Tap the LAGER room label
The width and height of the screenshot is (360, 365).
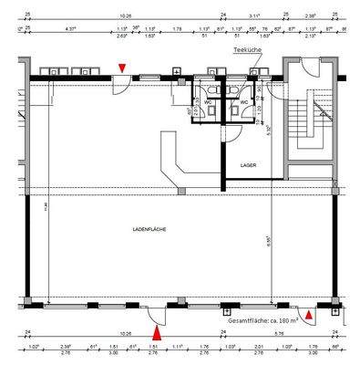[248, 165]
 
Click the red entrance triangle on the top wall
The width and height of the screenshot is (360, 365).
[123, 68]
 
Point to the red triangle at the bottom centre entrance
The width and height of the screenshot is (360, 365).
[157, 316]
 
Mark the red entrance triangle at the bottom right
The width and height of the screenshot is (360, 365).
[310, 316]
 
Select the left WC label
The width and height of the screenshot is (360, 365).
[208, 102]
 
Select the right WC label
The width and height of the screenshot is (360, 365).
[243, 102]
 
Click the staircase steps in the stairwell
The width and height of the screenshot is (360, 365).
[306, 119]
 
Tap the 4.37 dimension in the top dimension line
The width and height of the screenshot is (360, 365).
[69, 29]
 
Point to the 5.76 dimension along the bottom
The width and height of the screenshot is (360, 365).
[278, 335]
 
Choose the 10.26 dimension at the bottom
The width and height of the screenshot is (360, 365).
[126, 335]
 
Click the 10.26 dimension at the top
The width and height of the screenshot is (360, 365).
[126, 16]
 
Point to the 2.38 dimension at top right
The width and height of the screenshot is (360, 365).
[312, 16]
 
